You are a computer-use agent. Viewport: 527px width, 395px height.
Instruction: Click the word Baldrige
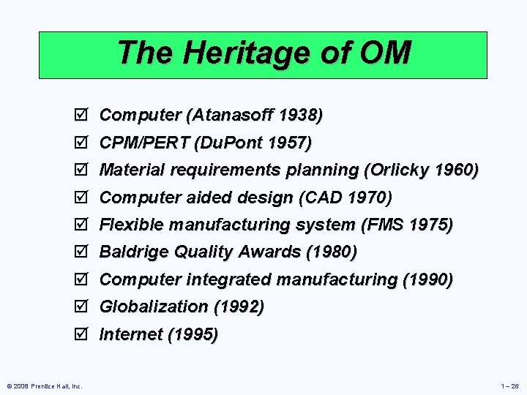[x=132, y=252]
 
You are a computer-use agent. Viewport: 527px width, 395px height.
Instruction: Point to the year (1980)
[x=332, y=252]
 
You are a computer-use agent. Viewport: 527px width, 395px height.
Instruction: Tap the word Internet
[x=130, y=334]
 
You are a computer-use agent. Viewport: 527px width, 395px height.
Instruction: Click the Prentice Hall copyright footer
[x=45, y=385]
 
